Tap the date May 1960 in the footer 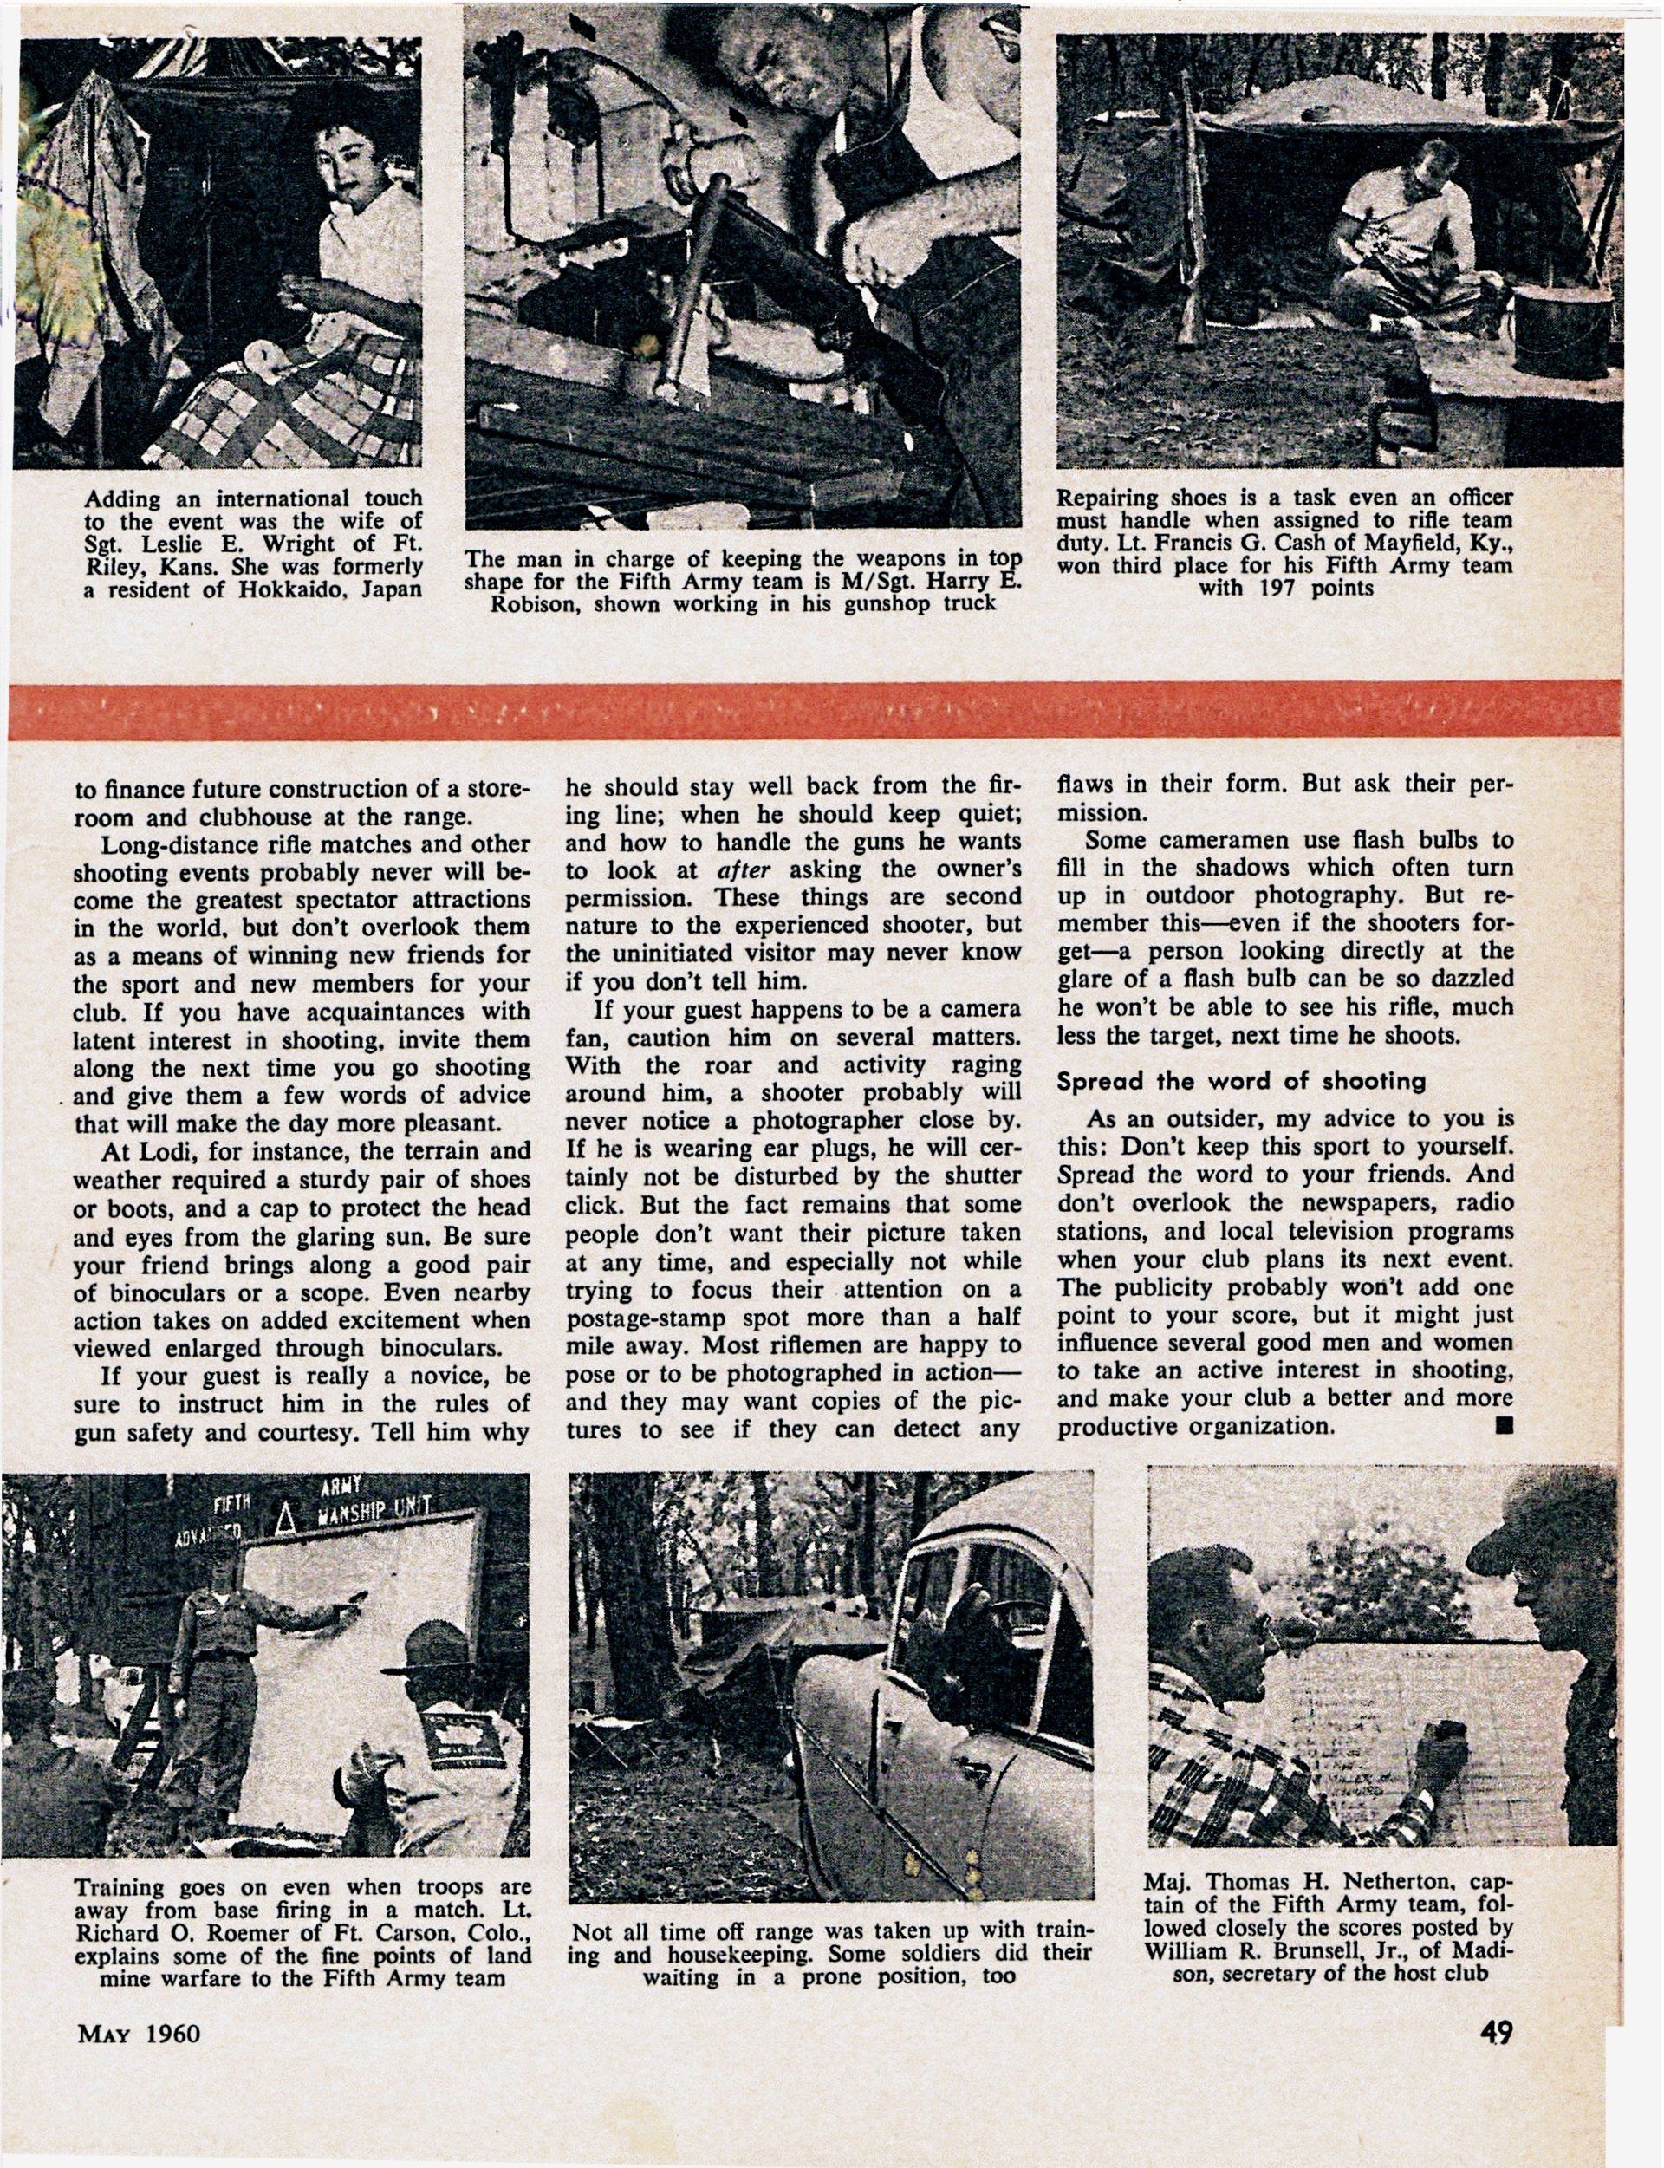138,2034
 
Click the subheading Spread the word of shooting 1240,1081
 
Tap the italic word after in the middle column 743,869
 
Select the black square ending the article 1505,1425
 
